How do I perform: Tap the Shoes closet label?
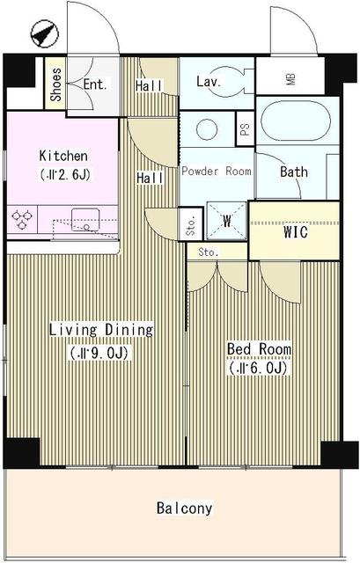pyautogui.click(x=55, y=84)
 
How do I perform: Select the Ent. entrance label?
pyautogui.click(x=95, y=84)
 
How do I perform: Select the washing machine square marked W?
pyautogui.click(x=226, y=221)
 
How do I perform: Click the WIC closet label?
pyautogui.click(x=294, y=235)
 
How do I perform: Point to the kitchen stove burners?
pyautogui.click(x=24, y=216)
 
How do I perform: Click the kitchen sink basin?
pyautogui.click(x=86, y=216)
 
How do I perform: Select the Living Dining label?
pyautogui.click(x=101, y=331)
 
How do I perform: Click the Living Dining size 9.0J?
pyautogui.click(x=101, y=353)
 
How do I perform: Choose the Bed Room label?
pyautogui.click(x=259, y=349)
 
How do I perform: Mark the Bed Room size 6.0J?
pyautogui.click(x=259, y=369)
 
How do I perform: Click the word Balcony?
pyautogui.click(x=184, y=508)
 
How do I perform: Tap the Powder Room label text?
pyautogui.click(x=217, y=172)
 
